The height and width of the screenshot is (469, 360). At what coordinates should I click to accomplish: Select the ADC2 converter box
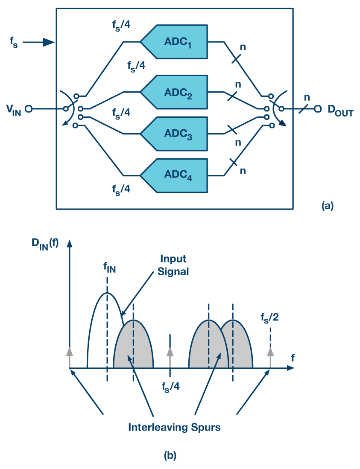coord(176,92)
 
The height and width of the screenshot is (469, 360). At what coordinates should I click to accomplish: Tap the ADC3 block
coord(176,133)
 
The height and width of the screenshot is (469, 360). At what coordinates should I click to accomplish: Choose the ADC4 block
coord(176,175)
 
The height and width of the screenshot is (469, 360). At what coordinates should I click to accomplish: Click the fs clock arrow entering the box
coord(38,42)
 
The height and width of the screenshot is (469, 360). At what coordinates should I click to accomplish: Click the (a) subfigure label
coord(327,206)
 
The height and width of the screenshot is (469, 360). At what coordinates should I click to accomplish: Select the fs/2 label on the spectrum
coord(270,318)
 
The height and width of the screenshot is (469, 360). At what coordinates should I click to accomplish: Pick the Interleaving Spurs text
coord(174,427)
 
